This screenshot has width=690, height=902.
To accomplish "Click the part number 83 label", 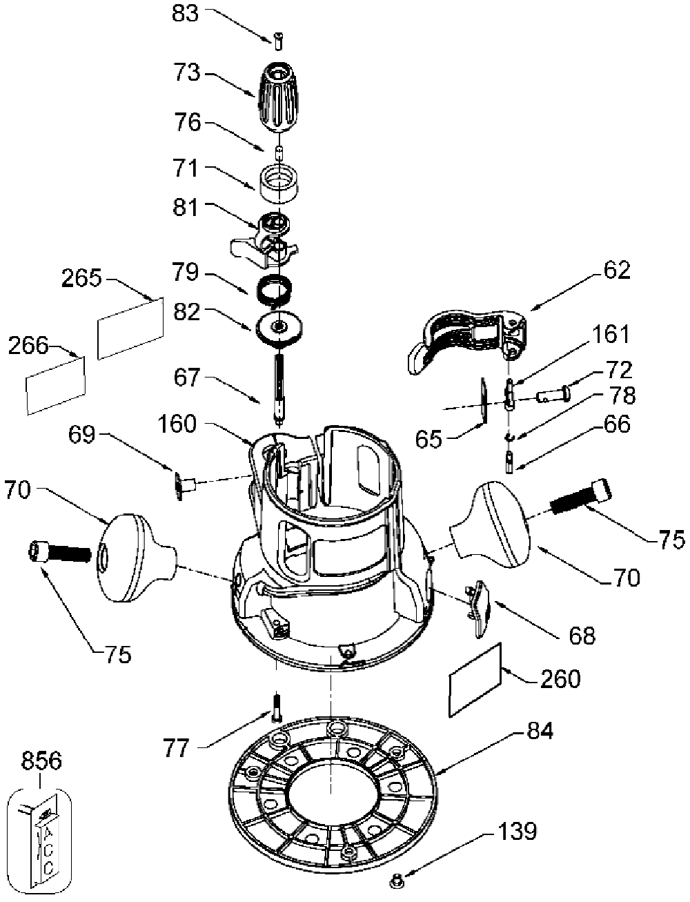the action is [x=185, y=14].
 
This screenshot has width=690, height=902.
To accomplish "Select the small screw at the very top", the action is [x=279, y=41].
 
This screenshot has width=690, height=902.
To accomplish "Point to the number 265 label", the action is [x=81, y=279].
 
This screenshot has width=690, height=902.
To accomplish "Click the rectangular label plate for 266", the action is [x=56, y=385].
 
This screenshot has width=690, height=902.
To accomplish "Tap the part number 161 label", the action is [x=611, y=334].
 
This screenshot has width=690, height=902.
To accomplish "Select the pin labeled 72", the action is [x=553, y=395].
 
